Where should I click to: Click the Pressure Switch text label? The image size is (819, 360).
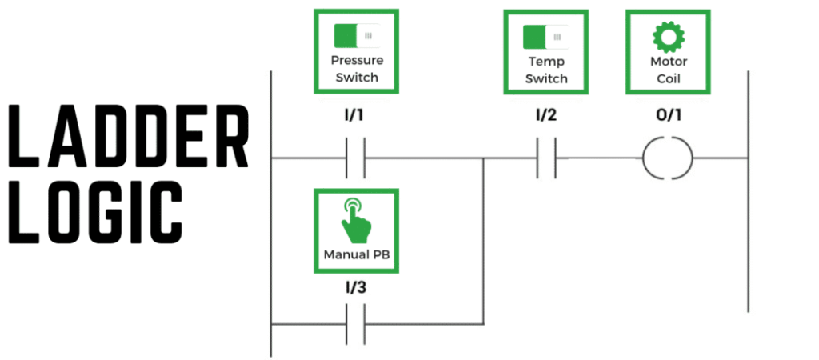pos(357,69)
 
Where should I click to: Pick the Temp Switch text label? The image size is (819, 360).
pos(546,70)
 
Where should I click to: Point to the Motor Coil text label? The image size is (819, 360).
pos(668,70)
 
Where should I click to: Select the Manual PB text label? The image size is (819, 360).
pos(354,256)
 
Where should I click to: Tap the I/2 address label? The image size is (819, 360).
pos(545,115)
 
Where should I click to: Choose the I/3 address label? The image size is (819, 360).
pos(356,286)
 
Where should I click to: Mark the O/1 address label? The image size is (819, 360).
pos(668,115)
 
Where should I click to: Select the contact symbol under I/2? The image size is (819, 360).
pos(546,158)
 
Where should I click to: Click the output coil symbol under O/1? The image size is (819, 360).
pos(668,158)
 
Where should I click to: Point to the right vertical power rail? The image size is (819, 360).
pos(748,192)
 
